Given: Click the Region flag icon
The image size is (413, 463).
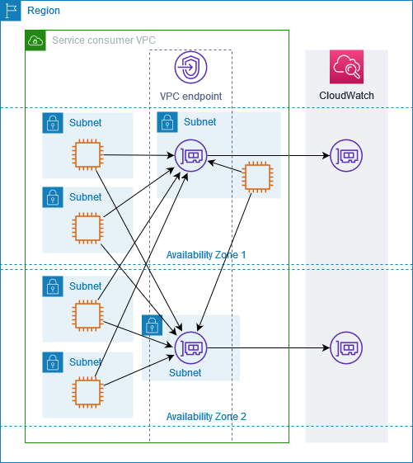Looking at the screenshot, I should coord(11,11).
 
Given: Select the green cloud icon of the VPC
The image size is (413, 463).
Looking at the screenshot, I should coord(35,40).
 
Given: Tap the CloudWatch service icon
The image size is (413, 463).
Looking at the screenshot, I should coord(346,67).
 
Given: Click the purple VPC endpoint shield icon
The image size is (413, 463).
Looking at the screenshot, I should coord(190,67).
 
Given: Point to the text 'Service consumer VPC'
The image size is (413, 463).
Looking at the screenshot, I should coord(104,40).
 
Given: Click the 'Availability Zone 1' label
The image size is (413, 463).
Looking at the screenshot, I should coord(206,255).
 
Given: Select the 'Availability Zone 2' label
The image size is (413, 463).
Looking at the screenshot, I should coord(206,417).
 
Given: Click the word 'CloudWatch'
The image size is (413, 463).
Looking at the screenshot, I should coord(346,96).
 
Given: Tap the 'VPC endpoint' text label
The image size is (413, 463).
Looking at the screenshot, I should coord(190,97).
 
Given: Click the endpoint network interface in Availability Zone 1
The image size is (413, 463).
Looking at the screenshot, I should coord(190,154).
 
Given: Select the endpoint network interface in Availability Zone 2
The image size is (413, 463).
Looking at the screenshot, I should coord(190,347).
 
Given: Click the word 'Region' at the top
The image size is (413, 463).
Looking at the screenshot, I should coord(43,11).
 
